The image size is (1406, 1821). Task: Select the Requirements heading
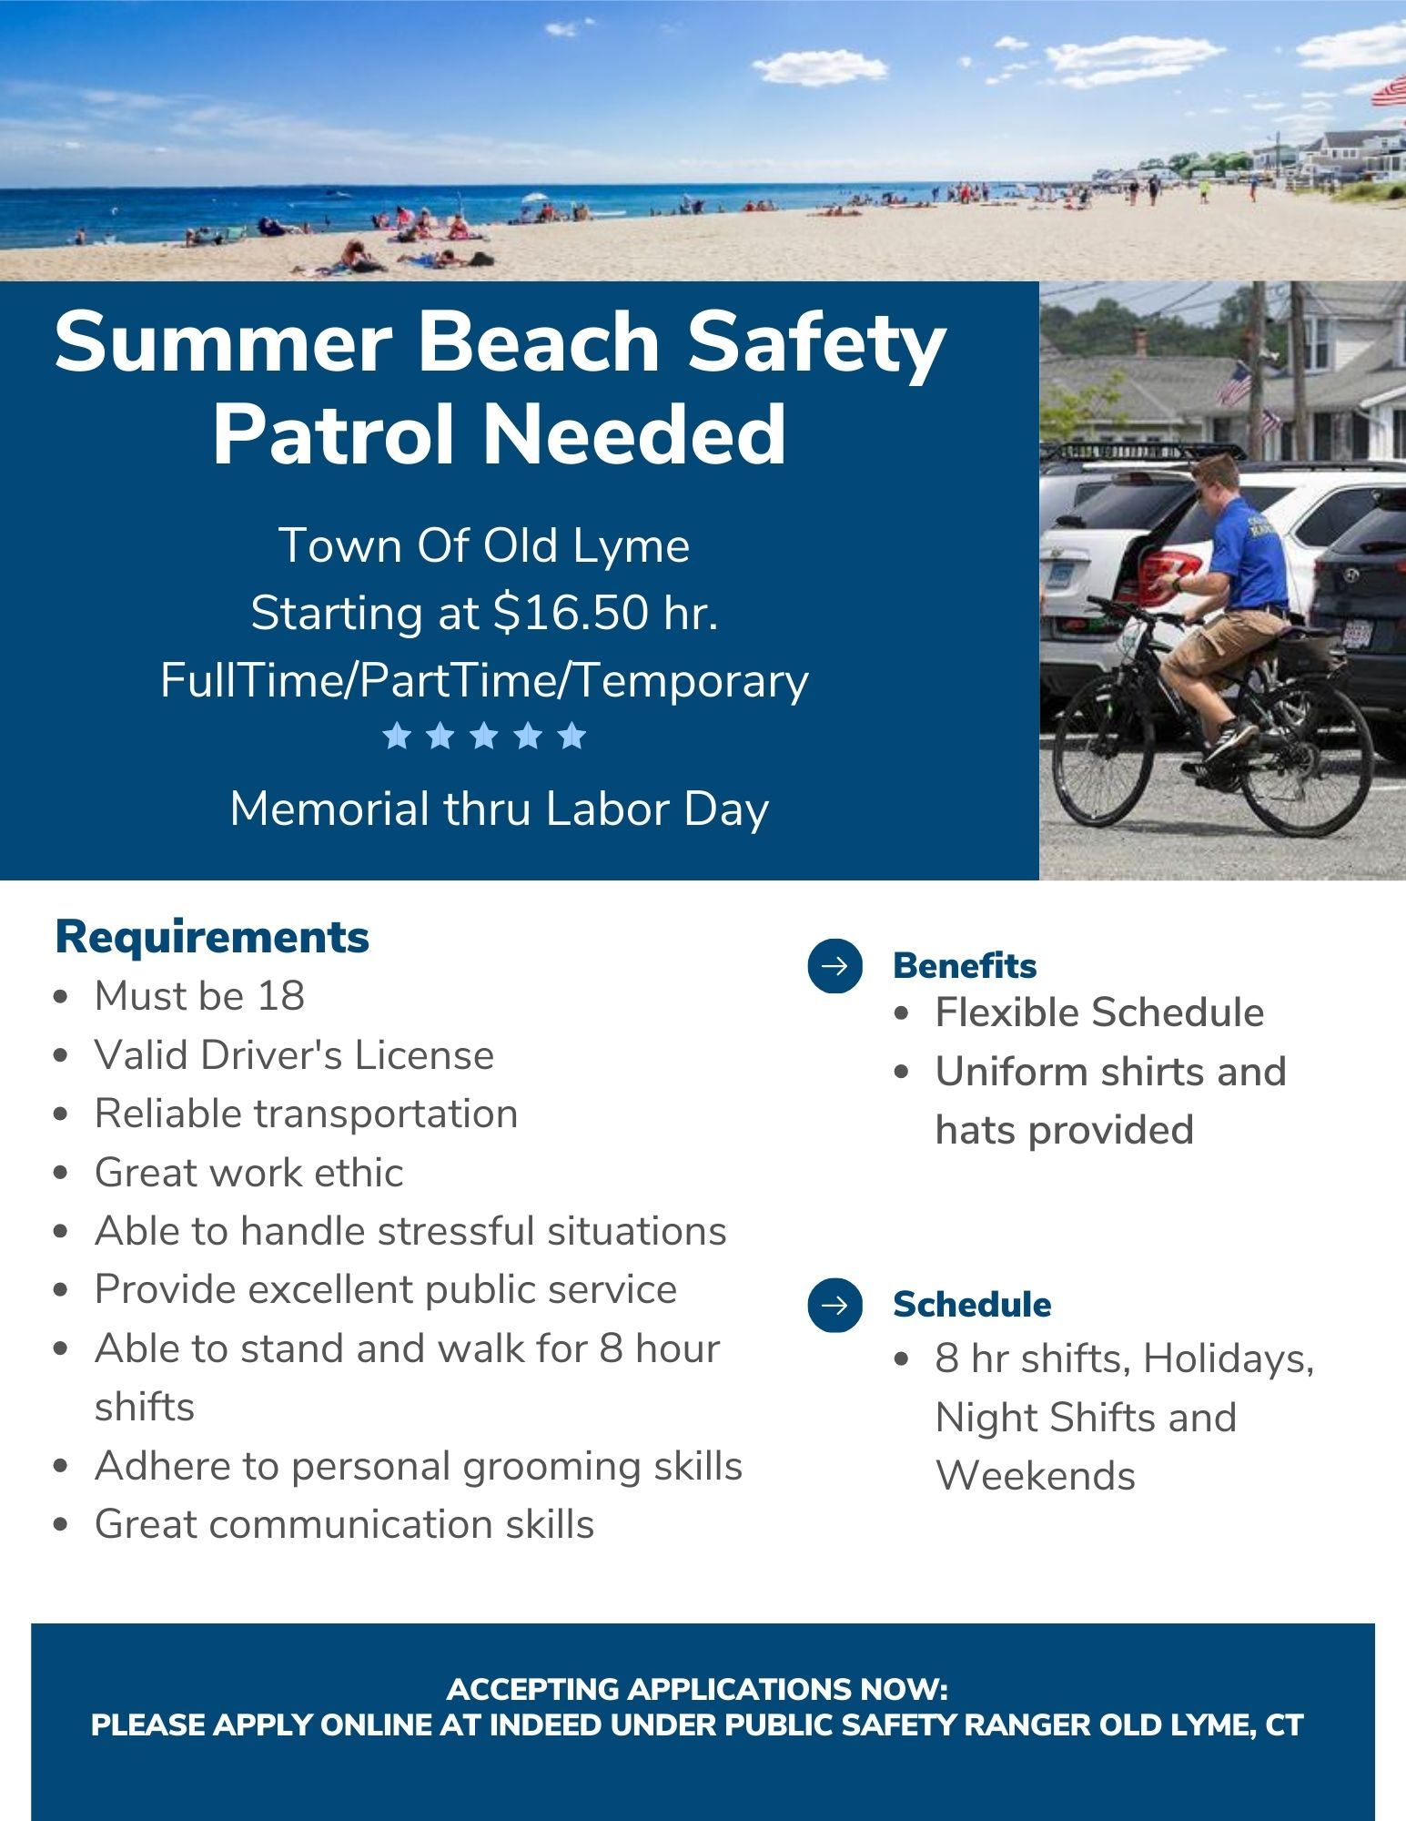click(x=212, y=937)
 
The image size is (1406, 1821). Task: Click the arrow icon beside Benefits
click(x=834, y=965)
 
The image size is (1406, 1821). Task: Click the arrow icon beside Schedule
click(x=834, y=1305)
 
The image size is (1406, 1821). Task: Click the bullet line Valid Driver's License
click(x=294, y=1055)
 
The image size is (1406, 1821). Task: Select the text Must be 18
click(x=199, y=996)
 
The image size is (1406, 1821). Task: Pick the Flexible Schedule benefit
click(x=1099, y=1012)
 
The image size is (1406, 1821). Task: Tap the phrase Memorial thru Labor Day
click(x=500, y=809)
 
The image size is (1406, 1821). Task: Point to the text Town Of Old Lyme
click(x=484, y=545)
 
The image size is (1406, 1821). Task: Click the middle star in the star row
click(x=484, y=736)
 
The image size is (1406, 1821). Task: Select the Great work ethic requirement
click(x=248, y=1173)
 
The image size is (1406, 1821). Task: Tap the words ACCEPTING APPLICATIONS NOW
click(x=697, y=1690)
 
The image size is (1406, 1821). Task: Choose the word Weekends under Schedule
click(x=1036, y=1476)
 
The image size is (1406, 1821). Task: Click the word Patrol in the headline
click(x=340, y=434)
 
